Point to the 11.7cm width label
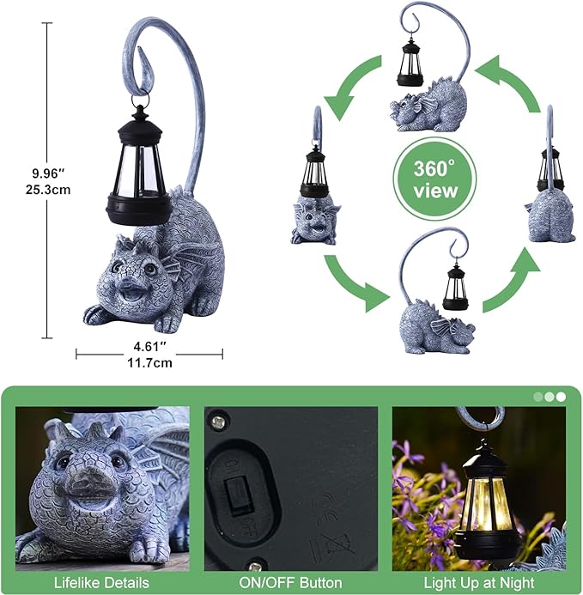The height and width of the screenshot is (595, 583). tap(150, 362)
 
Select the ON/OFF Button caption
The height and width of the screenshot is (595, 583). tap(290, 583)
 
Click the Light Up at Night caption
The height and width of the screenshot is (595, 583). tap(479, 583)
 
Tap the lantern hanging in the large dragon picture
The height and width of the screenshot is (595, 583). tap(138, 167)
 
